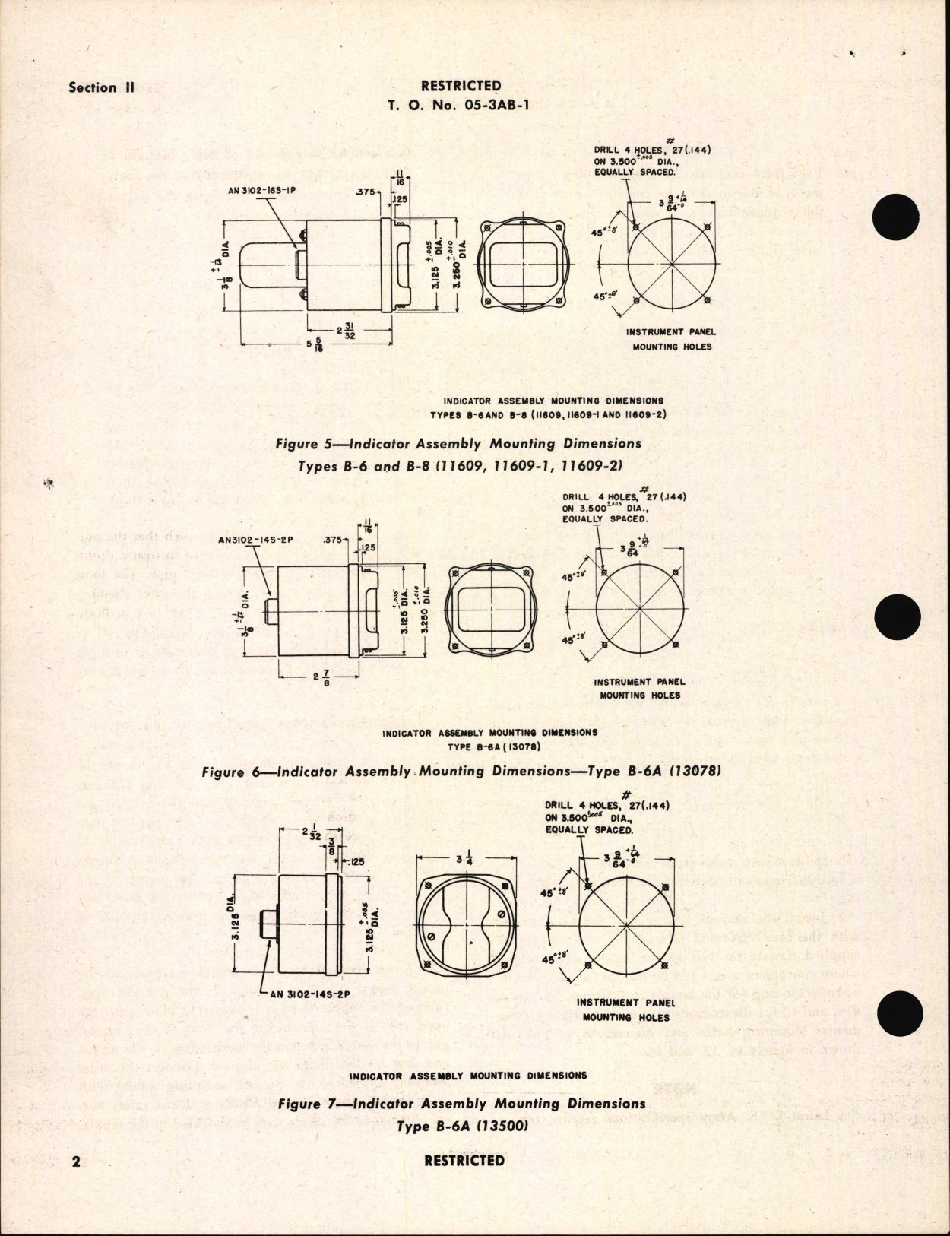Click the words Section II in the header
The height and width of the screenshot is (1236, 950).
pyautogui.click(x=102, y=87)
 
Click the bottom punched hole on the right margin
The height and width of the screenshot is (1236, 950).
pyautogui.click(x=901, y=1016)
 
